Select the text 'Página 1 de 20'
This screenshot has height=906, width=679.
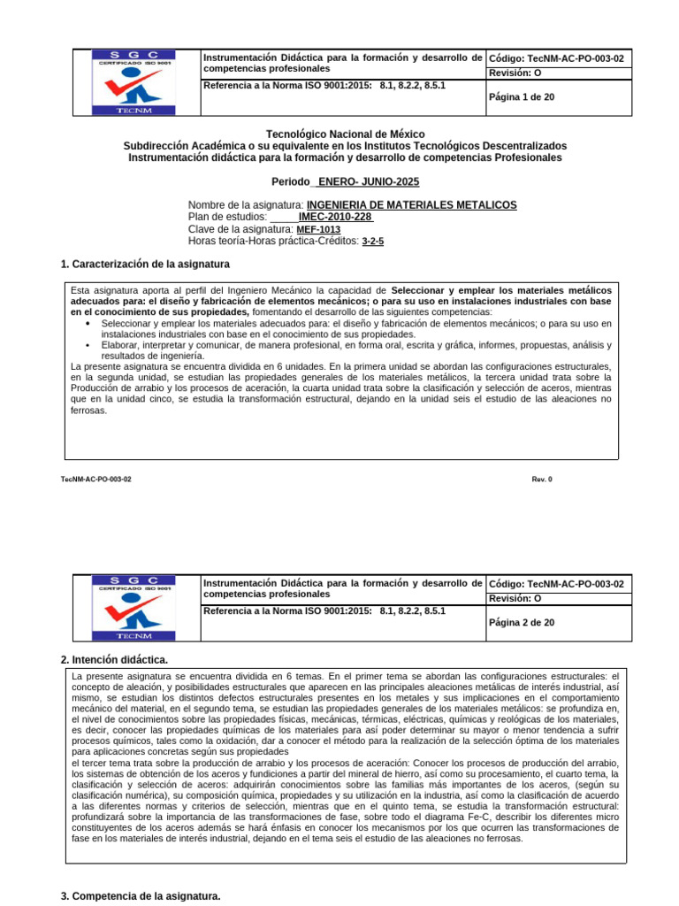pos(522,97)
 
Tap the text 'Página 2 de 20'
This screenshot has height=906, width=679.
pos(522,623)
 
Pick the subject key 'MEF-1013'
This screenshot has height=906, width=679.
pos(318,229)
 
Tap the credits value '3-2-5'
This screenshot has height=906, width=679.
pos(373,241)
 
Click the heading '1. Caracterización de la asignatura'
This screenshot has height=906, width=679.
pos(145,265)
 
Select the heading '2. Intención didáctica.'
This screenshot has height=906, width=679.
pos(114,660)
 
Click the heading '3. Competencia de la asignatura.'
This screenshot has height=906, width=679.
pos(141,896)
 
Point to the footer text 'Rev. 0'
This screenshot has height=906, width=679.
pos(541,479)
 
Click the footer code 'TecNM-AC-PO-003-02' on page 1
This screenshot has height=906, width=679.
pos(95,479)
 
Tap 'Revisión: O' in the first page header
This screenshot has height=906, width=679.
pos(515,73)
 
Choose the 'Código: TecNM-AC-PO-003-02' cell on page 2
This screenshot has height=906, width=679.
pos(556,584)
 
